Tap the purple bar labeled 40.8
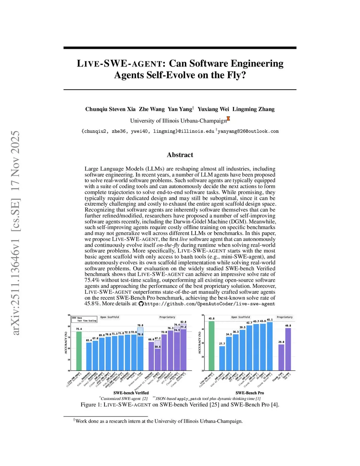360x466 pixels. point(288,349)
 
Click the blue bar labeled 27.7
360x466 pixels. point(222,358)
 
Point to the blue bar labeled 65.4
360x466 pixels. point(89,356)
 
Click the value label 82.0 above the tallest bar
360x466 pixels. point(183,322)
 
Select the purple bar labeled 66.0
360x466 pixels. point(151,356)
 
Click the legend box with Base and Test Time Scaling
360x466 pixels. point(84,319)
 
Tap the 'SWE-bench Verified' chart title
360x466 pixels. point(131,393)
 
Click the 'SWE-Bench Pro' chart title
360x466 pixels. point(250,393)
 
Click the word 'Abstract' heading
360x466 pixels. point(180,155)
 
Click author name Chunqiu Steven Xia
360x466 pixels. point(110,109)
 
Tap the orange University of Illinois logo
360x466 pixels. point(229,119)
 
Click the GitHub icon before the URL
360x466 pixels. point(141,304)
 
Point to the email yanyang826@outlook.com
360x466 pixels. point(248,131)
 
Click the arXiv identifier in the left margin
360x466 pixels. point(16,232)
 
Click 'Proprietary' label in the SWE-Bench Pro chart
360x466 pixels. point(284,317)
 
